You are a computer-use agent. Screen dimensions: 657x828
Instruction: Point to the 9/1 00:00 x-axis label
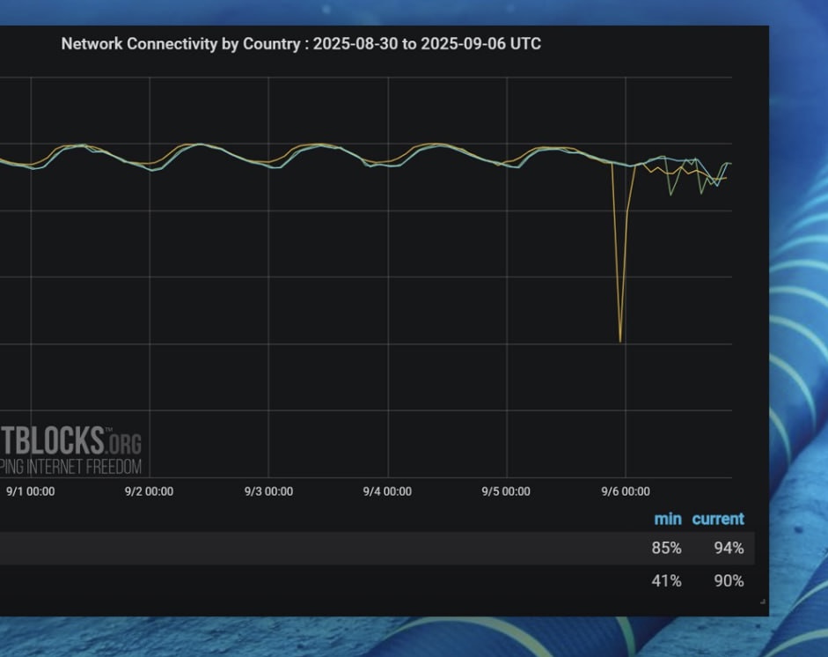30,491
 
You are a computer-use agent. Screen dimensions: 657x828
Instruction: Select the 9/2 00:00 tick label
149,491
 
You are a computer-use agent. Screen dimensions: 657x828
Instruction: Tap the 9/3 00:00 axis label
268,491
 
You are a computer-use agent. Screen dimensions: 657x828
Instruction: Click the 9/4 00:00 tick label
387,491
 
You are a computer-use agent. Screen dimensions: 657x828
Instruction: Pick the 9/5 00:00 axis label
506,491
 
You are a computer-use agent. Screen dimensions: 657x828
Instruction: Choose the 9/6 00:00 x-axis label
625,491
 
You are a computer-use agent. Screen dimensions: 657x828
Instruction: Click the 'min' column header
668,519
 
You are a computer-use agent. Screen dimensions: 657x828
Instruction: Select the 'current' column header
718,519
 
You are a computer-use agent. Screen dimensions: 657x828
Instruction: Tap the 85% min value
666,548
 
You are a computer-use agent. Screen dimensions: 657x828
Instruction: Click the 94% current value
729,548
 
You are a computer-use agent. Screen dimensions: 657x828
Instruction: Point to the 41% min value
666,580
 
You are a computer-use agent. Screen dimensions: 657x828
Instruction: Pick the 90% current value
729,580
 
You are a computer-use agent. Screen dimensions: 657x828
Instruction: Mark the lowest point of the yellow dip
620,340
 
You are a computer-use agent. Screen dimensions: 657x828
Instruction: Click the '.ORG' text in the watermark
124,442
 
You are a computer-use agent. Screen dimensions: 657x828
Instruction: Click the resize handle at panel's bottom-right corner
762,602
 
